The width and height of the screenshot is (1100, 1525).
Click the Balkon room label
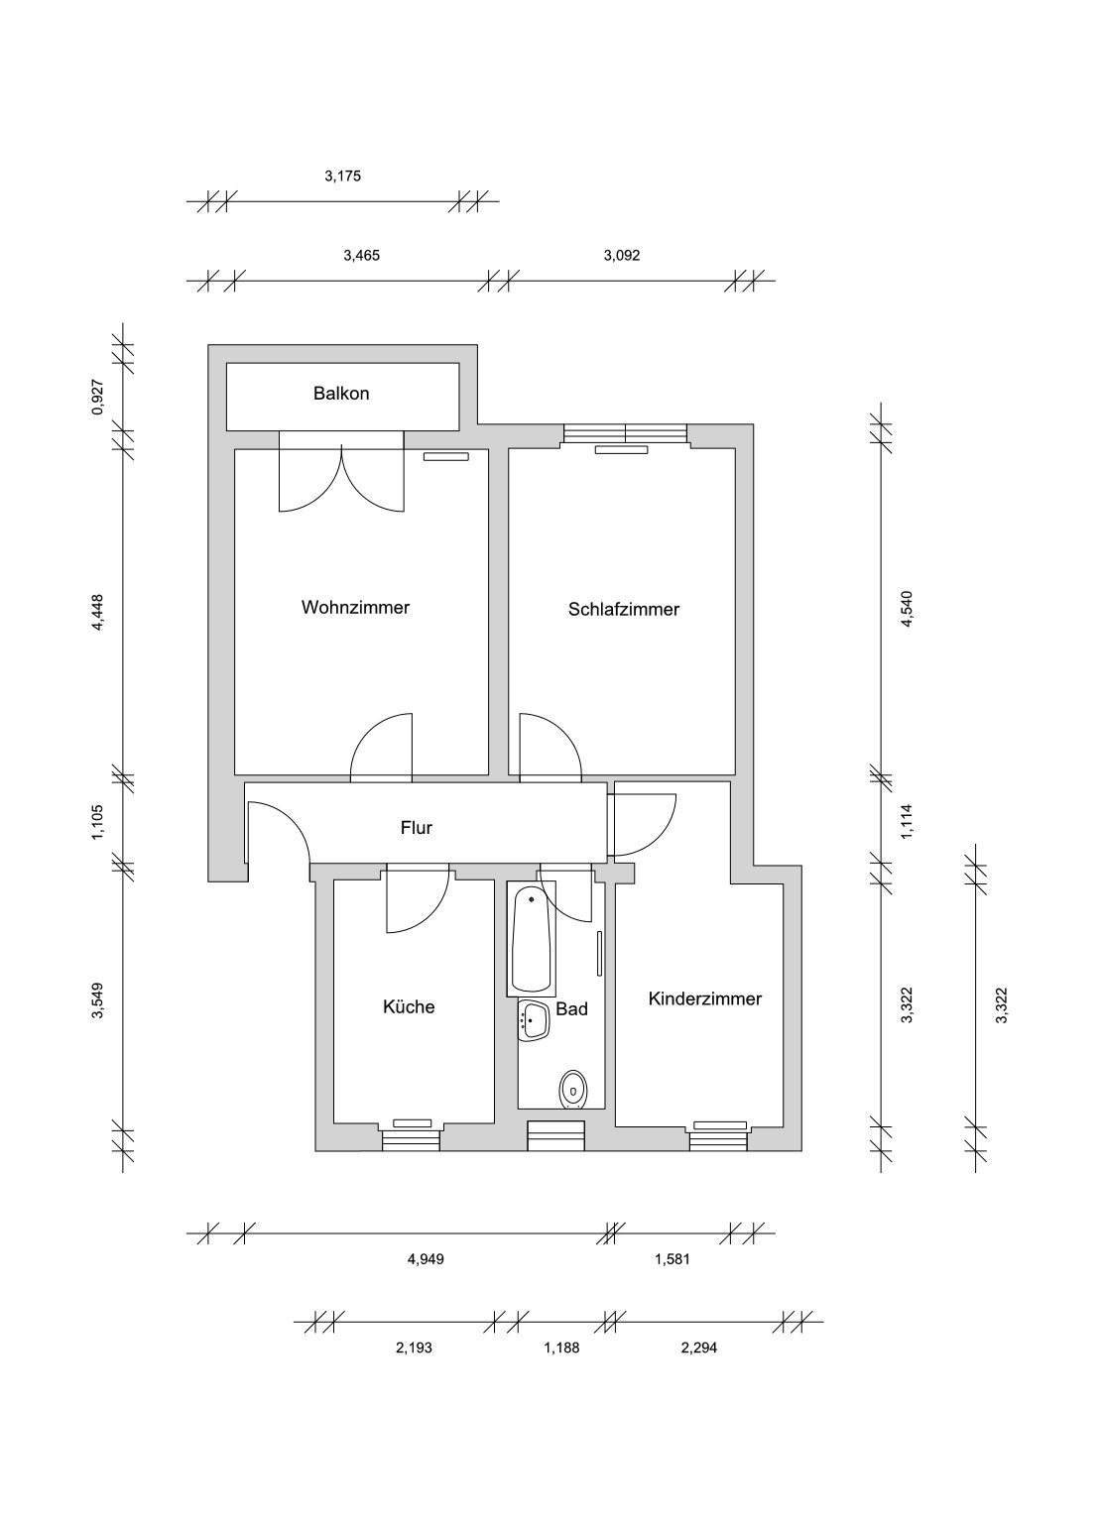coord(341,394)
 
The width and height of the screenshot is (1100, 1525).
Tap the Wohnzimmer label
coord(355,607)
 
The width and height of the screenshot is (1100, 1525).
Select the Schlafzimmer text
coord(624,610)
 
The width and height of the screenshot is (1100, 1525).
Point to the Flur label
coord(417,828)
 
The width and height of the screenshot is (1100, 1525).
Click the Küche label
coord(409,1006)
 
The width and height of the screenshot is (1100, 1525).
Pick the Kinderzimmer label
coord(705,998)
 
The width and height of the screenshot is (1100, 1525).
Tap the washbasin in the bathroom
coord(534,1021)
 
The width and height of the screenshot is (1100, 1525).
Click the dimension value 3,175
coord(342,176)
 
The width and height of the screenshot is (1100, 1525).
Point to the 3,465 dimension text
coord(362,256)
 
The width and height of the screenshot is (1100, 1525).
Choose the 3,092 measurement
coord(622,256)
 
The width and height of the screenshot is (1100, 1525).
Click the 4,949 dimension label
coord(426,1259)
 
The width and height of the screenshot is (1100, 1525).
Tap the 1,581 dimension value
coord(672,1259)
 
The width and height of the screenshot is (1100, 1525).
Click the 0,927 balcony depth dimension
coord(98,397)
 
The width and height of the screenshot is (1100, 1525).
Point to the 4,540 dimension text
coord(906,609)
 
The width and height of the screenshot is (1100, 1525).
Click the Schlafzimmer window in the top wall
coord(625,433)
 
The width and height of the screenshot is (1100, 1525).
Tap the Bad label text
coord(571,1009)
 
